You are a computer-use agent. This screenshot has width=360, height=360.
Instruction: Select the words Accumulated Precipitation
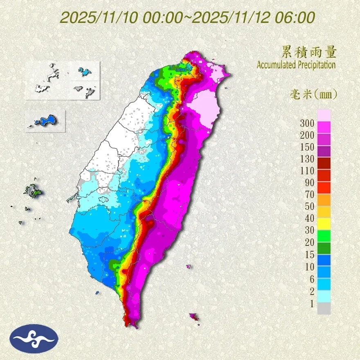296,65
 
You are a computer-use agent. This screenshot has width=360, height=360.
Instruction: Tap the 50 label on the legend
308,207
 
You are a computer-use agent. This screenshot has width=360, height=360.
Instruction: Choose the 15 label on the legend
308,254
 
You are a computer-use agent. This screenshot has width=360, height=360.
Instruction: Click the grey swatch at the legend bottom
324,308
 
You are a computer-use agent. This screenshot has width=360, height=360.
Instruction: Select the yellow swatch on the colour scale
324,223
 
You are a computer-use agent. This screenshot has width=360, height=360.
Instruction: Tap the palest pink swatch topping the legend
324,115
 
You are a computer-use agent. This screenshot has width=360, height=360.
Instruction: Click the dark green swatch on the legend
324,248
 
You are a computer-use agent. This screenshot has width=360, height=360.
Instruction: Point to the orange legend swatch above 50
324,199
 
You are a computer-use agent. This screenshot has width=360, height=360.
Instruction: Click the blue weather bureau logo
35,338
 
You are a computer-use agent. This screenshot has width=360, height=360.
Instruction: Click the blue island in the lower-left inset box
46,120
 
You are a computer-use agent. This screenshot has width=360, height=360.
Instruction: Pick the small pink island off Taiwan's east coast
188,266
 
